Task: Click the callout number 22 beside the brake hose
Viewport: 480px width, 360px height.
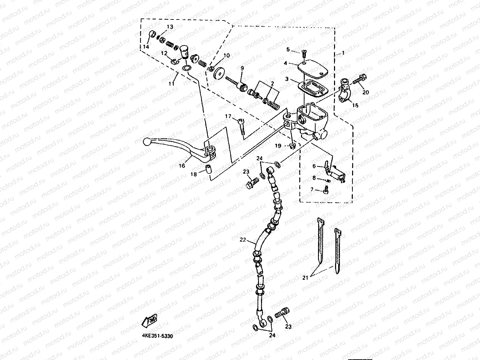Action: tap(243, 240)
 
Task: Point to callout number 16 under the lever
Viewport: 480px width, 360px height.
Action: tap(182, 166)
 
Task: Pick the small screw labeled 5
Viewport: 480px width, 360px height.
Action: tap(304, 53)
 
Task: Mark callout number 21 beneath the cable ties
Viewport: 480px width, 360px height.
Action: tap(306, 278)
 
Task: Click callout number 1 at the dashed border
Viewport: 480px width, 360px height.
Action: tap(343, 53)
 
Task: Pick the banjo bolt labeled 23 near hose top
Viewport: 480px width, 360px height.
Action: tap(252, 182)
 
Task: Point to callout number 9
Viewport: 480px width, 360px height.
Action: tap(242, 68)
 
